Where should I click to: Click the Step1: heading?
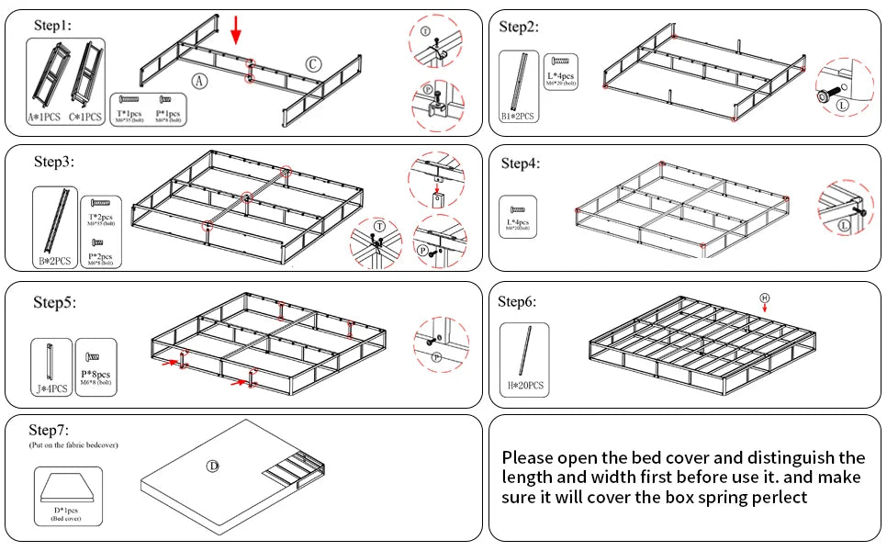[x=51, y=25]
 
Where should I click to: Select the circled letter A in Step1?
[x=199, y=81]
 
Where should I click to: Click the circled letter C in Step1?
[x=313, y=63]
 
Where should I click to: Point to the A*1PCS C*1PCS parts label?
[x=62, y=118]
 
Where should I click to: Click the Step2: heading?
[x=519, y=26]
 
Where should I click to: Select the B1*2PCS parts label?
[x=519, y=118]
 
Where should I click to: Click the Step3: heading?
[x=54, y=162]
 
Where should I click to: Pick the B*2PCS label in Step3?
[x=55, y=260]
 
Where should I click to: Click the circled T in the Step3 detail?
[x=378, y=227]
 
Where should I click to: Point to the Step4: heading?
[x=521, y=163]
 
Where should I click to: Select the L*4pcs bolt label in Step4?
[x=519, y=223]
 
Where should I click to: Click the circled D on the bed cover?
[x=212, y=467]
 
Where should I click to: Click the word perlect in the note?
[x=780, y=497]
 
